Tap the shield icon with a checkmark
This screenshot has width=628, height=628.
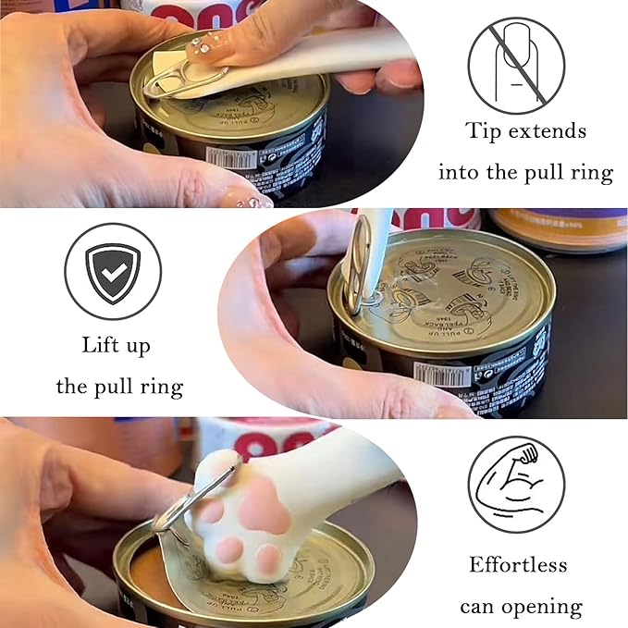(x=113, y=271)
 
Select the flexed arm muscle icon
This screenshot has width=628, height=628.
(x=515, y=485)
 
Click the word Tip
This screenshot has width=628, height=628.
(x=484, y=131)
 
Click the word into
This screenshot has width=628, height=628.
(x=460, y=172)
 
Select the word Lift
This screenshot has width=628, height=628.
(x=102, y=345)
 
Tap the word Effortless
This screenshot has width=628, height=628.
(x=518, y=564)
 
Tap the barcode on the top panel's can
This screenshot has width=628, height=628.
(x=230, y=156)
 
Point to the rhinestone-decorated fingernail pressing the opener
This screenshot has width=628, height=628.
(x=206, y=43)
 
